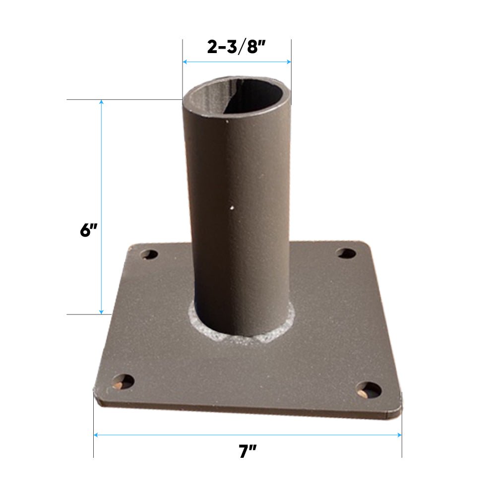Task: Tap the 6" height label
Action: pyautogui.click(x=88, y=231)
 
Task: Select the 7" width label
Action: pyautogui.click(x=248, y=452)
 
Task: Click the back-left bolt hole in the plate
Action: pyautogui.click(x=148, y=255)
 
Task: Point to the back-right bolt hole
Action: pyautogui.click(x=346, y=253)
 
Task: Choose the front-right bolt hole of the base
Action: pyautogui.click(x=369, y=390)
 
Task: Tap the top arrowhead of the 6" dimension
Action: pyautogui.click(x=102, y=102)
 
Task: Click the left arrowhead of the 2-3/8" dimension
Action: pyautogui.click(x=185, y=62)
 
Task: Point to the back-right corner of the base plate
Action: pyautogui.click(x=367, y=245)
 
